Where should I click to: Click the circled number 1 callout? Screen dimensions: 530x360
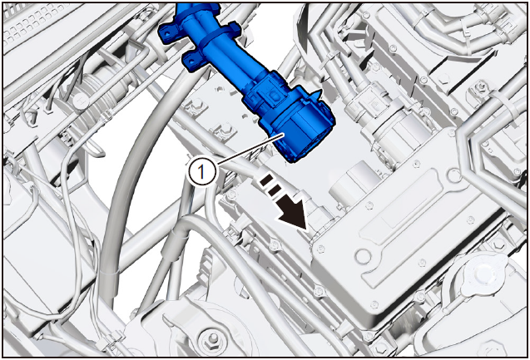click(201, 171)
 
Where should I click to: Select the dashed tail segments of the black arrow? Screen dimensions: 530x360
click(270, 185)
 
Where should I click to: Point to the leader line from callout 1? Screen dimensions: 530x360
click(250, 150)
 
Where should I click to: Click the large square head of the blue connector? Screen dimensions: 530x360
click(299, 131)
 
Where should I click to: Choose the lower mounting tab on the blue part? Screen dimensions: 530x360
click(193, 61)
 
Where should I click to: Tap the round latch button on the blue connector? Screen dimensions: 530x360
click(275, 96)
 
